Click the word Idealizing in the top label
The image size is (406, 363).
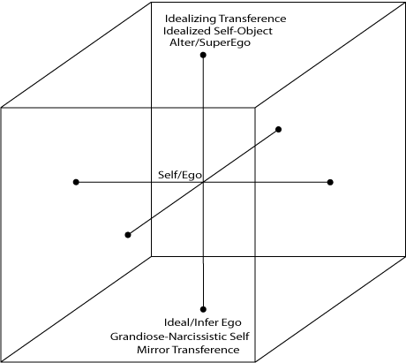pos(191,19)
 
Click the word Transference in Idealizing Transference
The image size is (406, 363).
pos(252,19)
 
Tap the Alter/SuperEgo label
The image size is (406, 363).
pos(210,42)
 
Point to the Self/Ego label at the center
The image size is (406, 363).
pos(180,175)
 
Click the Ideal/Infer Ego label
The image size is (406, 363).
pos(203,322)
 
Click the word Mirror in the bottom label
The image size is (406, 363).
pos(153,350)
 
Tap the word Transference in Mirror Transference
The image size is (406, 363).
pos(206,350)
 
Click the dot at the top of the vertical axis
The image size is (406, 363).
pos(203,55)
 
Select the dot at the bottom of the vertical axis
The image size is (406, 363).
pos(203,309)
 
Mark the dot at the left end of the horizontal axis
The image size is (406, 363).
pos(76,182)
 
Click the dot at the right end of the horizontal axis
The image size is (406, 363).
pos(330,182)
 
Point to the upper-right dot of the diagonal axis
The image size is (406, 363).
pos(278,129)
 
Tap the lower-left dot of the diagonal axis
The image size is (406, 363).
pos(128,235)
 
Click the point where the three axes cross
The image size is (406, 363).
pos(203,182)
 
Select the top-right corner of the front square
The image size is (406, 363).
pos(255,108)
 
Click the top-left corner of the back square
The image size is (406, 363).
pos(151,3)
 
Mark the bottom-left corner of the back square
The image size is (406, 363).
pos(151,256)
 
